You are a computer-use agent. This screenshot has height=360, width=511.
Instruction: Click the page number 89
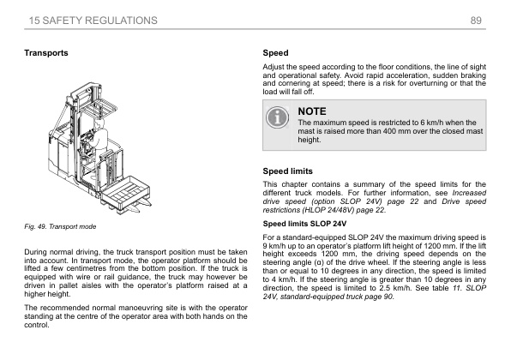476,21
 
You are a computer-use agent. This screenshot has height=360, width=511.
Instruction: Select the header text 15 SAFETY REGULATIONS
93,21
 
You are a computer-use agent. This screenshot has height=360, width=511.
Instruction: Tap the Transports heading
46,53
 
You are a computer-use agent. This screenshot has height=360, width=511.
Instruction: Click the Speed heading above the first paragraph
275,53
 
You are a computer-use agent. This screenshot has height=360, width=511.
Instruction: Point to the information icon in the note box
277,117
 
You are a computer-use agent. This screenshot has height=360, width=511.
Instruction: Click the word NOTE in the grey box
312,111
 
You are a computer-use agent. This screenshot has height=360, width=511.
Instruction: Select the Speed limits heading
287,171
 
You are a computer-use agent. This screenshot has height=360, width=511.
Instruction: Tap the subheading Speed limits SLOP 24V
304,224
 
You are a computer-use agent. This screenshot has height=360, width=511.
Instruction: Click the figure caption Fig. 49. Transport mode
60,226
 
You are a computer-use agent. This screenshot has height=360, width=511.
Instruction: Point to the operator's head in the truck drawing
99,123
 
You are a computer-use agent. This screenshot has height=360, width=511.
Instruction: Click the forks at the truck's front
139,206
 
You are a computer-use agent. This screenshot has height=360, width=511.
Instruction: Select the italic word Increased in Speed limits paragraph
469,193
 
